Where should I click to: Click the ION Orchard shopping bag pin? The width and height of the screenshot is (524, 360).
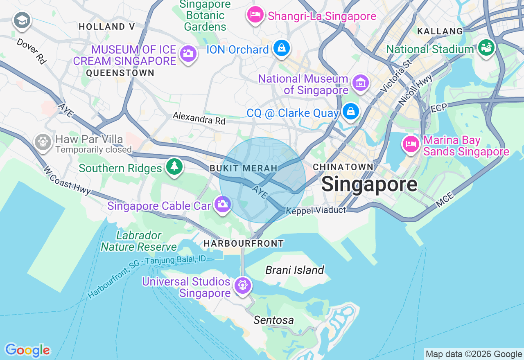coord(282,48)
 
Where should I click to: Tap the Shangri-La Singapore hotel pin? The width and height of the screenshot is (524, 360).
coord(255,15)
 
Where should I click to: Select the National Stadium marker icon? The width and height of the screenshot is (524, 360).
coord(486,48)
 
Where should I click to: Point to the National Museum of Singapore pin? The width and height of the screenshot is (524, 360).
coord(360,83)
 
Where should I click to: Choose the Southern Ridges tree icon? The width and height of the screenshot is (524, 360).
coord(174,166)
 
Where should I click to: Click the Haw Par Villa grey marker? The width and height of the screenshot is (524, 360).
coord(43,142)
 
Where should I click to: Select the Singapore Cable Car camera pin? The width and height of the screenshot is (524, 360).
coord(222,204)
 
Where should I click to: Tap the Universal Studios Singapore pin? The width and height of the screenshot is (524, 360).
coord(243,285)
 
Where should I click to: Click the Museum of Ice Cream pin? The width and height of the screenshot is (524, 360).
coord(188,53)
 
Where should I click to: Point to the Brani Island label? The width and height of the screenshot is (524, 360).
coord(294,270)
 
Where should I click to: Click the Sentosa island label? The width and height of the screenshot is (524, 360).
coord(273,320)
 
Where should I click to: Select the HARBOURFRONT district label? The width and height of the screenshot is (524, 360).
coord(244,243)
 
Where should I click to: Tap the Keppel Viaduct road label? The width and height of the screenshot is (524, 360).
coord(316,210)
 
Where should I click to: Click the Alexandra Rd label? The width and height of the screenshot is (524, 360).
coord(199,118)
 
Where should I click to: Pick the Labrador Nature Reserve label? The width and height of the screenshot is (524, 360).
coord(139,241)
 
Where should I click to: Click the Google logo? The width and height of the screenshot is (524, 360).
coord(27,350)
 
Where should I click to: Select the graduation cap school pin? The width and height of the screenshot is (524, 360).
coord(22,20)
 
